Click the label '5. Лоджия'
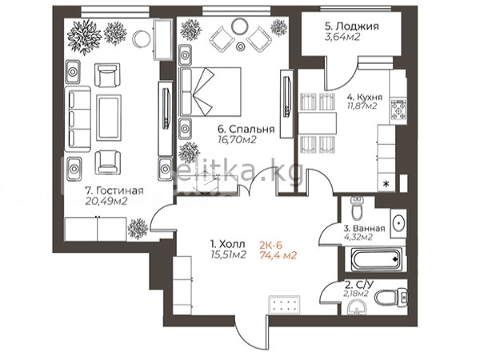click(352, 26)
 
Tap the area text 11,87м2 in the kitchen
click(362, 106)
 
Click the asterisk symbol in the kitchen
click(386, 184)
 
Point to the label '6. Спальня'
click(246, 129)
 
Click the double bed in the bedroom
click(210, 92)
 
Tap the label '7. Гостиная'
click(114, 190)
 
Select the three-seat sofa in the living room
click(78, 119)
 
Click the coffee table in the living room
click(109, 118)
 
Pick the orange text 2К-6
click(270, 245)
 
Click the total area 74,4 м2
click(278, 255)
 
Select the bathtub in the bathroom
click(376, 259)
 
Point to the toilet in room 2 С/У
click(391, 297)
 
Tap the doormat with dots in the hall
click(284, 305)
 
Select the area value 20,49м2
click(107, 201)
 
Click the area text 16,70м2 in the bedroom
click(237, 139)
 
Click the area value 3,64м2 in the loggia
click(342, 37)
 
